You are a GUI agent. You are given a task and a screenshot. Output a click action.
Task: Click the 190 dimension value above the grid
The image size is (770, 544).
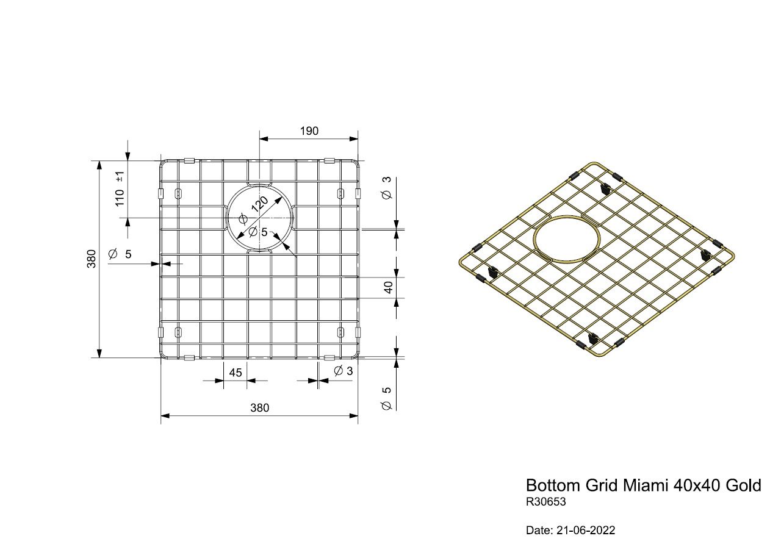pyautogui.click(x=309, y=131)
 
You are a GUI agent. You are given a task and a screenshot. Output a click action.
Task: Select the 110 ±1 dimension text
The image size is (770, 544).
pyautogui.click(x=120, y=188)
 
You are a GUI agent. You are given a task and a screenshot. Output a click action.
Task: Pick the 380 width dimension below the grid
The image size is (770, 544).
pyautogui.click(x=259, y=408)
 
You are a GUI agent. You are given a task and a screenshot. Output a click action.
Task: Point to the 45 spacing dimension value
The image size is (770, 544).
pyautogui.click(x=236, y=373)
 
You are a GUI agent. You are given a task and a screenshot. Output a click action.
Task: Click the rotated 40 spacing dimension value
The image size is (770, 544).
pyautogui.click(x=388, y=287)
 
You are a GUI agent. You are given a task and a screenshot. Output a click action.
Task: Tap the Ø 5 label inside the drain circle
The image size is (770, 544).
pyautogui.click(x=258, y=232)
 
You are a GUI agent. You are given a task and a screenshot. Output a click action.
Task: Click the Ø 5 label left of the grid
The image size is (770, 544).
pyautogui.click(x=120, y=254)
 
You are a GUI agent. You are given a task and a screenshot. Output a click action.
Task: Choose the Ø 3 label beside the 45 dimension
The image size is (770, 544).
pyautogui.click(x=344, y=371)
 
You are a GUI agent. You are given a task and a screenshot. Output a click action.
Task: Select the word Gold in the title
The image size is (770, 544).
pyautogui.click(x=743, y=485)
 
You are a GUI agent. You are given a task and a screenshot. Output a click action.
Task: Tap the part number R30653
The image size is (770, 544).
pyautogui.click(x=546, y=503)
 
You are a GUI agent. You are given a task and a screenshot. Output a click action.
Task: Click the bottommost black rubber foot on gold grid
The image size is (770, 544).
pyautogui.click(x=591, y=339)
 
